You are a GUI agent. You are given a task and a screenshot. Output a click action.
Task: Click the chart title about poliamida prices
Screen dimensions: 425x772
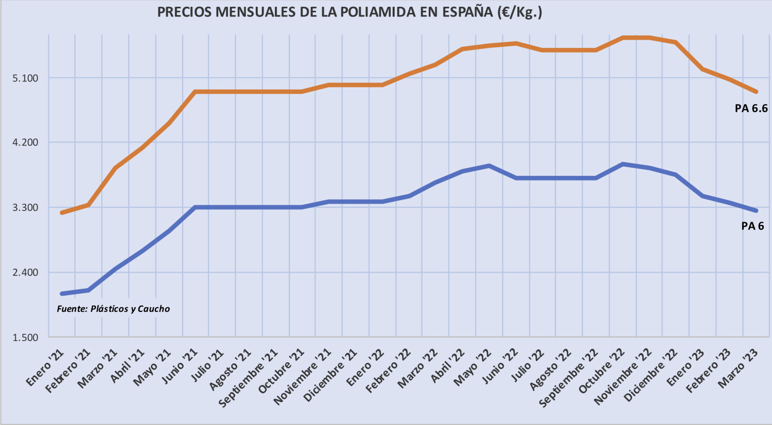(349, 12)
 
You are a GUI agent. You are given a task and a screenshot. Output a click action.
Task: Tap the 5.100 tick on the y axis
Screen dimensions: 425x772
(25, 78)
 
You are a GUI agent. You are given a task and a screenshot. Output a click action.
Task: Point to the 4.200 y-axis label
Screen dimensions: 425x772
(25, 143)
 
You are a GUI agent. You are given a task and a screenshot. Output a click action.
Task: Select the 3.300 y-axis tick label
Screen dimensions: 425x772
(25, 207)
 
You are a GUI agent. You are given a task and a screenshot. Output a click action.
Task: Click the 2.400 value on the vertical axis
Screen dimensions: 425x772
(25, 272)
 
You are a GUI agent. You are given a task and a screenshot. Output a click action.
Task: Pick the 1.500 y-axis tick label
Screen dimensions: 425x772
(25, 338)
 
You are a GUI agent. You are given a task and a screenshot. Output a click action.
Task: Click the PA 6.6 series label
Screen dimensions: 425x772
(751, 109)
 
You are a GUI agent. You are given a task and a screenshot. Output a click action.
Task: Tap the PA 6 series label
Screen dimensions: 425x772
(752, 226)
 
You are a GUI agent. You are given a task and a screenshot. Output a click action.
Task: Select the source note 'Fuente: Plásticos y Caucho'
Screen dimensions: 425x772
(113, 309)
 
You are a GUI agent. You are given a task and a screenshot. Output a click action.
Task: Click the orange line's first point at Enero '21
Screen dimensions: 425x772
(62, 213)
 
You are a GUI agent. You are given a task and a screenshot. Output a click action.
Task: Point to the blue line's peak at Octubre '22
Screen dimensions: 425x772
(623, 164)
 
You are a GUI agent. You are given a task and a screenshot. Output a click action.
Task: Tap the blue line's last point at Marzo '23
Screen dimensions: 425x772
(756, 210)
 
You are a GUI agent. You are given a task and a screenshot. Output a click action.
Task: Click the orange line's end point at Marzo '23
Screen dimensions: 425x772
(756, 92)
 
